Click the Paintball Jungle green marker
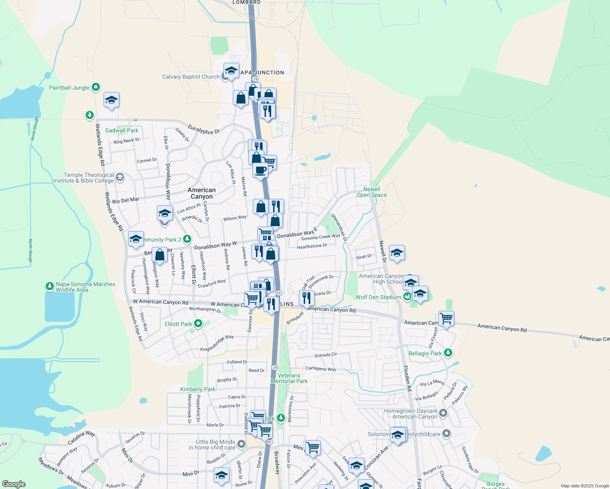point(96,87)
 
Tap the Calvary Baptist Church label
point(191,77)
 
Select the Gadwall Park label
point(122,130)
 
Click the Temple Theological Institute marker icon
point(120,177)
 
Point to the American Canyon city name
point(201,193)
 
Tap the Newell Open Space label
point(371,192)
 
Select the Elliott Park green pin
point(198,324)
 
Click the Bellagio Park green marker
point(448,353)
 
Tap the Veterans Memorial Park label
point(289,378)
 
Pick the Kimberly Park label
point(198,389)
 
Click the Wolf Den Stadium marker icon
point(407,297)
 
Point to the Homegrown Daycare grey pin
point(443,413)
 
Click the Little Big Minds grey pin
point(241,444)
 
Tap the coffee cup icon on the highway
point(260,170)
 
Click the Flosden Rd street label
point(407,378)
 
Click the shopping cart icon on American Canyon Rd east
point(446,318)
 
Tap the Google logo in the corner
point(14,484)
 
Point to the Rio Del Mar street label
point(126,200)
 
